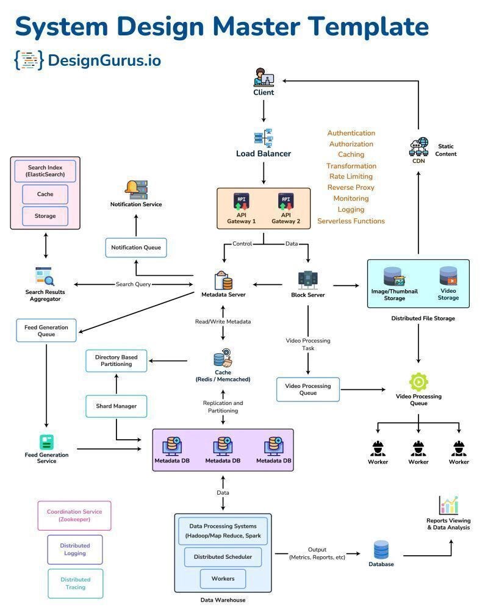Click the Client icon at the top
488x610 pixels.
click(x=264, y=77)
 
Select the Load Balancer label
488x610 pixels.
click(x=264, y=154)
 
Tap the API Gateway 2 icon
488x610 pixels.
click(x=285, y=202)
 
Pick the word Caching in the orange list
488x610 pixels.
click(x=351, y=155)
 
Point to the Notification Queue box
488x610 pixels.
click(x=135, y=248)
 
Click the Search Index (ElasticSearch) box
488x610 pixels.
click(x=45, y=171)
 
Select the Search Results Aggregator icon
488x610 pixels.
click(x=45, y=277)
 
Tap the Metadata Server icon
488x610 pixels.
click(x=223, y=281)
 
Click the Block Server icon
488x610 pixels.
click(x=307, y=280)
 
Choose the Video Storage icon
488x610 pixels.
click(x=448, y=276)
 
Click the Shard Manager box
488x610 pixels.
click(x=116, y=406)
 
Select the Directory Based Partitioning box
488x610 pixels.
click(x=116, y=361)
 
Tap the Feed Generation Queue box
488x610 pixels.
click(x=46, y=331)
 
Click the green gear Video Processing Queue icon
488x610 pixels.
click(x=418, y=382)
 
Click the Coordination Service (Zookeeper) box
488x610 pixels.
click(x=74, y=515)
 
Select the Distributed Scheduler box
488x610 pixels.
click(x=223, y=557)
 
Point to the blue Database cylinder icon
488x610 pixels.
click(x=381, y=550)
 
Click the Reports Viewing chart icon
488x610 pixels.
click(x=448, y=505)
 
